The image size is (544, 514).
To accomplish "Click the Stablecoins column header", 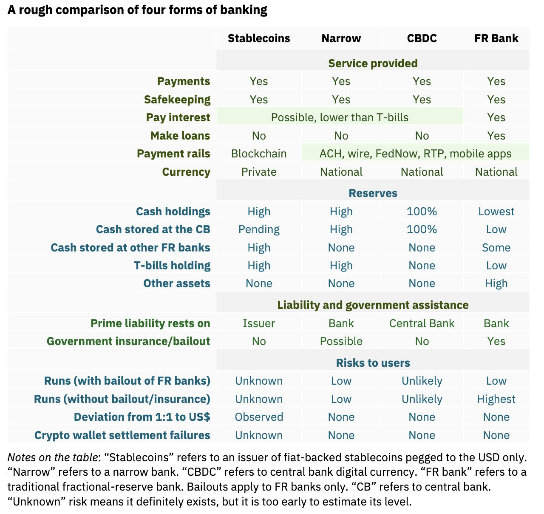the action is pos(258,38).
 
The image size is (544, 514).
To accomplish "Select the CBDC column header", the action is pos(422,38).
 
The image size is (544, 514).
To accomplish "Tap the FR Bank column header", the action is pos(496,38).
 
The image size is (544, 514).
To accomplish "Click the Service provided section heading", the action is pos(373,63).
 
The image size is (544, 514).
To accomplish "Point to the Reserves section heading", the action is pos(373,193).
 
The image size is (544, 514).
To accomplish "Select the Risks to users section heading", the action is pos(373,363).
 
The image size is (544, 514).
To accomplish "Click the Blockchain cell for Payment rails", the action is pos(258,154).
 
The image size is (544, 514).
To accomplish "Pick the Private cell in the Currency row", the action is pos(258,172).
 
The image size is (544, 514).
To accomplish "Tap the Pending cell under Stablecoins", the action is pos(258,229).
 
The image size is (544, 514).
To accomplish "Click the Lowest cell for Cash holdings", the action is pos(496,211).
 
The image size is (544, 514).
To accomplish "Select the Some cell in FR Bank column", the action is pos(496,248).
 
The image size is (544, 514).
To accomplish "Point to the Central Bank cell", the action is pos(422,323).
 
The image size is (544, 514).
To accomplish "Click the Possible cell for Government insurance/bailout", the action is pos(341,341).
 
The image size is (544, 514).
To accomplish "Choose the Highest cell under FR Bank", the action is pos(496,399).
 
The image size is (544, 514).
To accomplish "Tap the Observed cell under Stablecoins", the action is pos(258,417).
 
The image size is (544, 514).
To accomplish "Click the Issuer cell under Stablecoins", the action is pos(258,323).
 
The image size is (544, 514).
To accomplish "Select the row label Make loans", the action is pos(180,136).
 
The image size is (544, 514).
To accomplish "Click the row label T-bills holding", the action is pos(172,266).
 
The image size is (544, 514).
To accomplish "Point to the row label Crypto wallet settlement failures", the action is pos(122,435).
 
